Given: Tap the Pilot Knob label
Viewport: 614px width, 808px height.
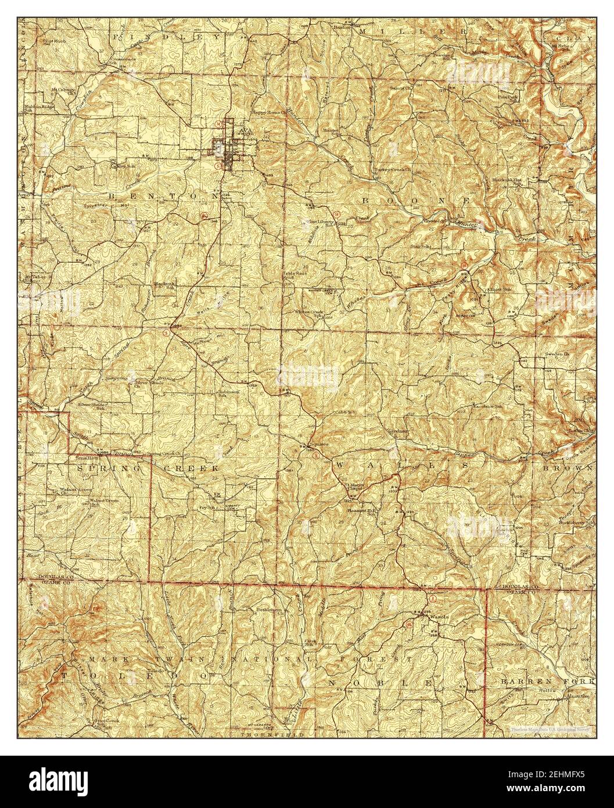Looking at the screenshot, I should tap(52, 41).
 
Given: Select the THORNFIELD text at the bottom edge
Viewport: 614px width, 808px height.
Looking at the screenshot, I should tap(261, 735).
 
